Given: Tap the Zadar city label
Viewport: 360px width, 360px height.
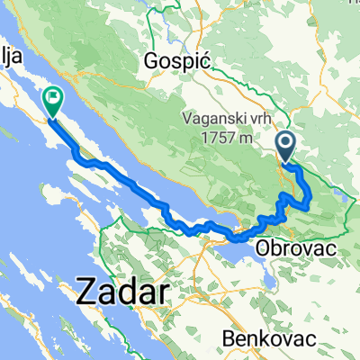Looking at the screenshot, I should pos(124,292).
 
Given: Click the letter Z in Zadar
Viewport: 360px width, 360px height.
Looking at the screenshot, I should pos(88,292).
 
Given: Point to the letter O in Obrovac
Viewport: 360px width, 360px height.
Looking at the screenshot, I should pos(261,247).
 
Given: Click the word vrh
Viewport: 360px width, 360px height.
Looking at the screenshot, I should pos(251,117).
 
